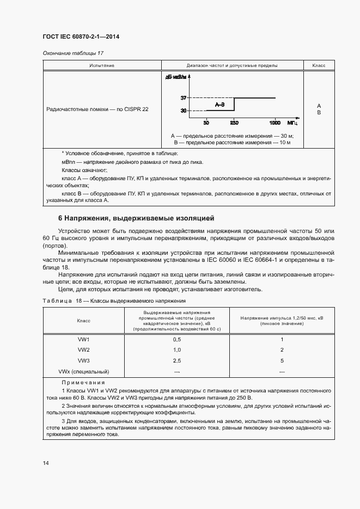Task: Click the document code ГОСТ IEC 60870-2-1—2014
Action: pos(81,37)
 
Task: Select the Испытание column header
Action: pos(101,65)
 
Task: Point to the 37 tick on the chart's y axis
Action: pos(184,98)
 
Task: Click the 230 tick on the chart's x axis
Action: pos(234,122)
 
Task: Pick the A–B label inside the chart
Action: pos(219,104)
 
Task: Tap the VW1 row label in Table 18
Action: pos(84,339)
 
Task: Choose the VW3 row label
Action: pos(84,360)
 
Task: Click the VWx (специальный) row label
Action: pos(84,371)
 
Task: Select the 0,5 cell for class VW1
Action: pos(176,339)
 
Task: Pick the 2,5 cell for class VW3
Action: pos(176,360)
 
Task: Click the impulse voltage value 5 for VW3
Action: pos(282,360)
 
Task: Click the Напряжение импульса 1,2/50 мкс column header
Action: pos(282,320)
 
